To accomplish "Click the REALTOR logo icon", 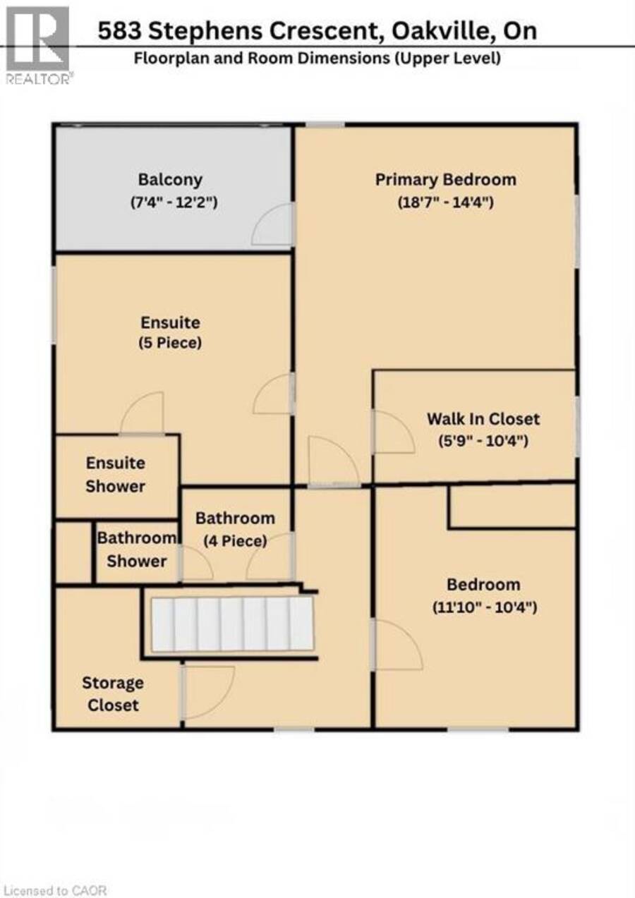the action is point(38,45).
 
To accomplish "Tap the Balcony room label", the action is point(170,180).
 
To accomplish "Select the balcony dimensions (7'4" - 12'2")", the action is point(174,202).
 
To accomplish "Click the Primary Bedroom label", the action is point(445,180).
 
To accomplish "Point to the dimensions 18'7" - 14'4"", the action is point(445,202).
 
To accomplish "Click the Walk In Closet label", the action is point(483,419).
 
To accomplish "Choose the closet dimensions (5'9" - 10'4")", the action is point(483,441).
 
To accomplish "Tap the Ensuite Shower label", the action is point(116,475).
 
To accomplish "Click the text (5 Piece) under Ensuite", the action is point(170,343).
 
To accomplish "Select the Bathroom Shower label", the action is point(137,550).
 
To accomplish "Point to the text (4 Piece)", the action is point(236,541).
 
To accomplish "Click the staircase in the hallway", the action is point(232,624).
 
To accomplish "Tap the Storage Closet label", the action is point(113,694).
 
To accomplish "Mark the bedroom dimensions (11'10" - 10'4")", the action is point(484,607).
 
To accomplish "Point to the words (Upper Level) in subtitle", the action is point(447,59).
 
